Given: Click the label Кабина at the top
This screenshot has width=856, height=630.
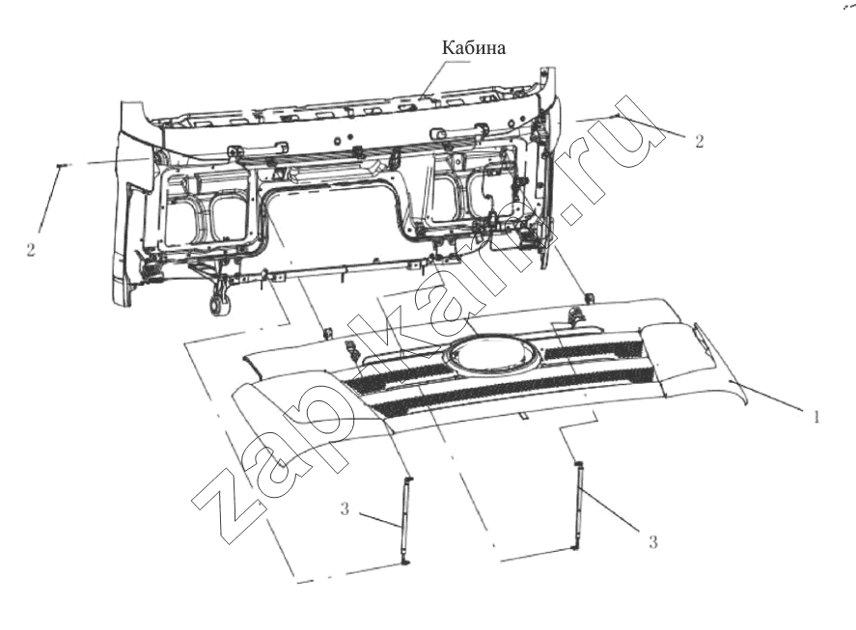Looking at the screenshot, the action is point(473,47).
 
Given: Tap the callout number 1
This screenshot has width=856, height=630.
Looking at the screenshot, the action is point(815,417).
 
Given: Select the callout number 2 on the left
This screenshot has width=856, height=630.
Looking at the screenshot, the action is point(31,250).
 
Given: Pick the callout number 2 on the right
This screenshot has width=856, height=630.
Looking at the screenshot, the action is point(700,141).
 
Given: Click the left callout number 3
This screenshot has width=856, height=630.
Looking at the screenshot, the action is point(344,508).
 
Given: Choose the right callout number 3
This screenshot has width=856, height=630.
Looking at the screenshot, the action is point(652,541).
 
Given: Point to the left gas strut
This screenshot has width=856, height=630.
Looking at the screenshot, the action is point(406,521).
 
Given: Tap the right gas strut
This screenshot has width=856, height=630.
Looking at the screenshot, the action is point(577,506).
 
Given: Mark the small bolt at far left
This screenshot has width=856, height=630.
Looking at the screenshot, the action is point(61,164).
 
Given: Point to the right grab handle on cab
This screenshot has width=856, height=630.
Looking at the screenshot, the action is point(458,130).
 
